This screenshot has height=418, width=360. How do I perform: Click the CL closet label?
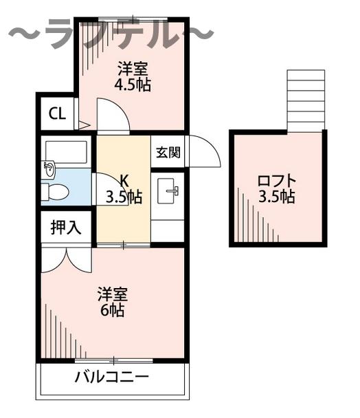tap(57, 113)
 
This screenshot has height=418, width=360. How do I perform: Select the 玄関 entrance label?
tap(167, 152)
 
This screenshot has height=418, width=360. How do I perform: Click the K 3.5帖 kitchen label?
tap(124, 190)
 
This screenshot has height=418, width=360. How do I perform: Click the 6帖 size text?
tap(113, 310)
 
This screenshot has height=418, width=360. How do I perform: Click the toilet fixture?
tap(56, 192)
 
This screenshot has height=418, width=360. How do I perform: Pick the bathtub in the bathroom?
tap(65, 152)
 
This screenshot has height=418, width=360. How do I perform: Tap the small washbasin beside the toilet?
tap(49, 168)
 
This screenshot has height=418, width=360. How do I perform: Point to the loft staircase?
tap(305, 100)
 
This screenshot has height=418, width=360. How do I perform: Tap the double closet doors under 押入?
tap(65, 259)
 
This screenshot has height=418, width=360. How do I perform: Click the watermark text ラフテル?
tap(110, 34)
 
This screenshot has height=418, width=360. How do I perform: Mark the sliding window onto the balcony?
tap(113, 360)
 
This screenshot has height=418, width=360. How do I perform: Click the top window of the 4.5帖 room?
tap(131, 19)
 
